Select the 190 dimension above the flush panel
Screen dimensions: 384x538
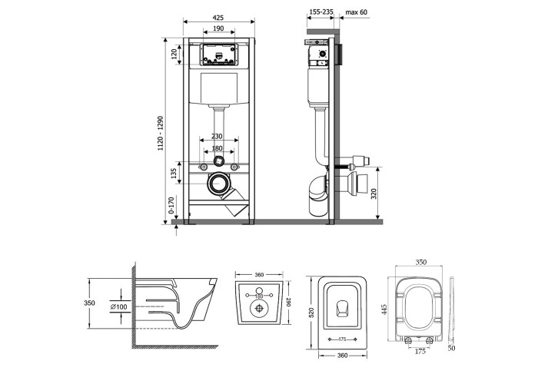coord(218,28)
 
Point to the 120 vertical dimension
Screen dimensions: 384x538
coord(175,54)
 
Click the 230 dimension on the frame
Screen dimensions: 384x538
coord(218,137)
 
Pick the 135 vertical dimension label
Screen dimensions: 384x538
coord(175,174)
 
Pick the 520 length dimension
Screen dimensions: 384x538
coord(310,314)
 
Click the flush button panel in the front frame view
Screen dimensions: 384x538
coord(218,55)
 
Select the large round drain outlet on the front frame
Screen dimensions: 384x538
coord(220,184)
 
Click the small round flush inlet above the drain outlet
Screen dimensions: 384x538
coord(220,162)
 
